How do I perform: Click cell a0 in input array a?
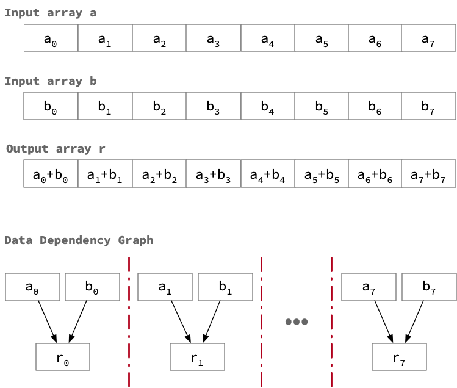pyautogui.click(x=51, y=38)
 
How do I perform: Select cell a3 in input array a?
pyautogui.click(x=213, y=38)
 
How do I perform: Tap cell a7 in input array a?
pyautogui.click(x=428, y=38)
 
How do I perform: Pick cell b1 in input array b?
pyautogui.click(x=105, y=106)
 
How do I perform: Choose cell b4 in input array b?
pyautogui.click(x=267, y=106)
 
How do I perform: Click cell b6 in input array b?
pyautogui.click(x=375, y=106)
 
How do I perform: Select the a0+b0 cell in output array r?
pyautogui.click(x=51, y=174)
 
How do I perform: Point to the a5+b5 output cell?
pyautogui.click(x=321, y=174)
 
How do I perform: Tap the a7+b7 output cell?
pyautogui.click(x=428, y=174)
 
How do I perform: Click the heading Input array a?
pyautogui.click(x=50, y=12)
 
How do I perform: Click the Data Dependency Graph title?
pyautogui.click(x=79, y=240)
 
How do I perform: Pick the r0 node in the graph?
pyautogui.click(x=63, y=357)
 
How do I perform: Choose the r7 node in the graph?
pyautogui.click(x=399, y=357)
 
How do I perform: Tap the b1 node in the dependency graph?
pyautogui.click(x=225, y=287)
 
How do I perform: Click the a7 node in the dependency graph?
pyautogui.click(x=369, y=287)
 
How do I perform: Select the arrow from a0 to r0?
pyautogui.click(x=46, y=322)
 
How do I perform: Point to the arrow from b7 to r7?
pyautogui.click(x=414, y=322)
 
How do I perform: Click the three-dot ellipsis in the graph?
pyautogui.click(x=297, y=322)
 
